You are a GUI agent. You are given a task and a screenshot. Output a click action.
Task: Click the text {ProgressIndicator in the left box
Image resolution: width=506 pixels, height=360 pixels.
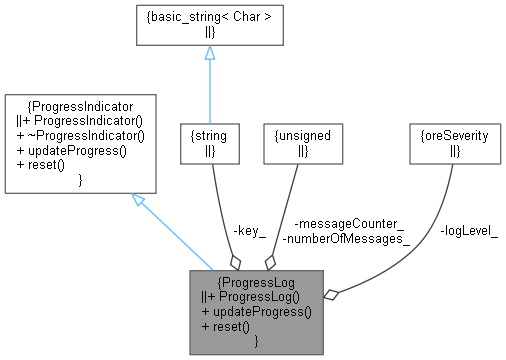[x=79, y=103]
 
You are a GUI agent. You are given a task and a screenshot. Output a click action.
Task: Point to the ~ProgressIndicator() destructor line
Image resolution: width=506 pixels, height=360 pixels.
[x=79, y=133]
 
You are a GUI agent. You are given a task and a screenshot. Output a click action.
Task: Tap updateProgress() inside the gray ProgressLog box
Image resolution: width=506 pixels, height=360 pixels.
[x=256, y=311]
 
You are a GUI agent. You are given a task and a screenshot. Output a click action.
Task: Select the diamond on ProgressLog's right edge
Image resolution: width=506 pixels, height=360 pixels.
[x=333, y=293]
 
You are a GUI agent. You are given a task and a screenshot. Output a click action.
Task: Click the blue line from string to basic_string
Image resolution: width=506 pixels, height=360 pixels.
[x=209, y=90]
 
